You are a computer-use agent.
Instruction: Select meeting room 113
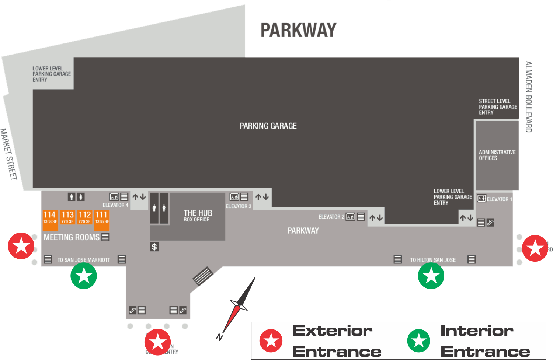click(67, 217)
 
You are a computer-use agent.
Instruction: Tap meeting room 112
click(84, 217)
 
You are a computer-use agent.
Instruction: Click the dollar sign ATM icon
click(154, 247)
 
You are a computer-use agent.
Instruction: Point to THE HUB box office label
click(198, 216)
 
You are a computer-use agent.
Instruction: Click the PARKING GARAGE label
click(268, 126)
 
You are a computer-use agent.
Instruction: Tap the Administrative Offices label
click(497, 155)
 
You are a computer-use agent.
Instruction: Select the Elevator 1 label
click(499, 199)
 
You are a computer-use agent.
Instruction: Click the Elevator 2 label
click(331, 217)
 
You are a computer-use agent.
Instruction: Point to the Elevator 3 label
click(238, 206)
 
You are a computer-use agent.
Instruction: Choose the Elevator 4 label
click(115, 205)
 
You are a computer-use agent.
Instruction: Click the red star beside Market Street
click(21, 246)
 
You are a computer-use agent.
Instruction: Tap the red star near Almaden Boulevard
click(535, 248)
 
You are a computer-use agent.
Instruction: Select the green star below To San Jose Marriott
click(84, 276)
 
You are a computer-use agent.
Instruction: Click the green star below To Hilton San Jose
click(431, 276)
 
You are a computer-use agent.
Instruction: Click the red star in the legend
click(271, 340)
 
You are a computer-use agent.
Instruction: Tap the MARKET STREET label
click(9, 154)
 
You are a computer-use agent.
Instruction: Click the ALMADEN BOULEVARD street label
click(528, 97)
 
